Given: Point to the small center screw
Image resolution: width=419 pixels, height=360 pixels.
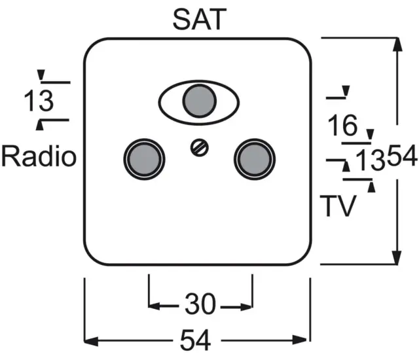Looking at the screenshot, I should click(x=198, y=147).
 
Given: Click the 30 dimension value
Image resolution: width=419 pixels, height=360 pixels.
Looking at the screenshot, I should click(x=200, y=304).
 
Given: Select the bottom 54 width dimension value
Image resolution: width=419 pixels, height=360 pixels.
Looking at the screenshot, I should click(x=196, y=340).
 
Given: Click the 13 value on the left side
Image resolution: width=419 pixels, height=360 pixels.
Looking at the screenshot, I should click(x=38, y=103).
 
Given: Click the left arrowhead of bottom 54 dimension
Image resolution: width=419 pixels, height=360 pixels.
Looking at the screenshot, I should click(x=91, y=340).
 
